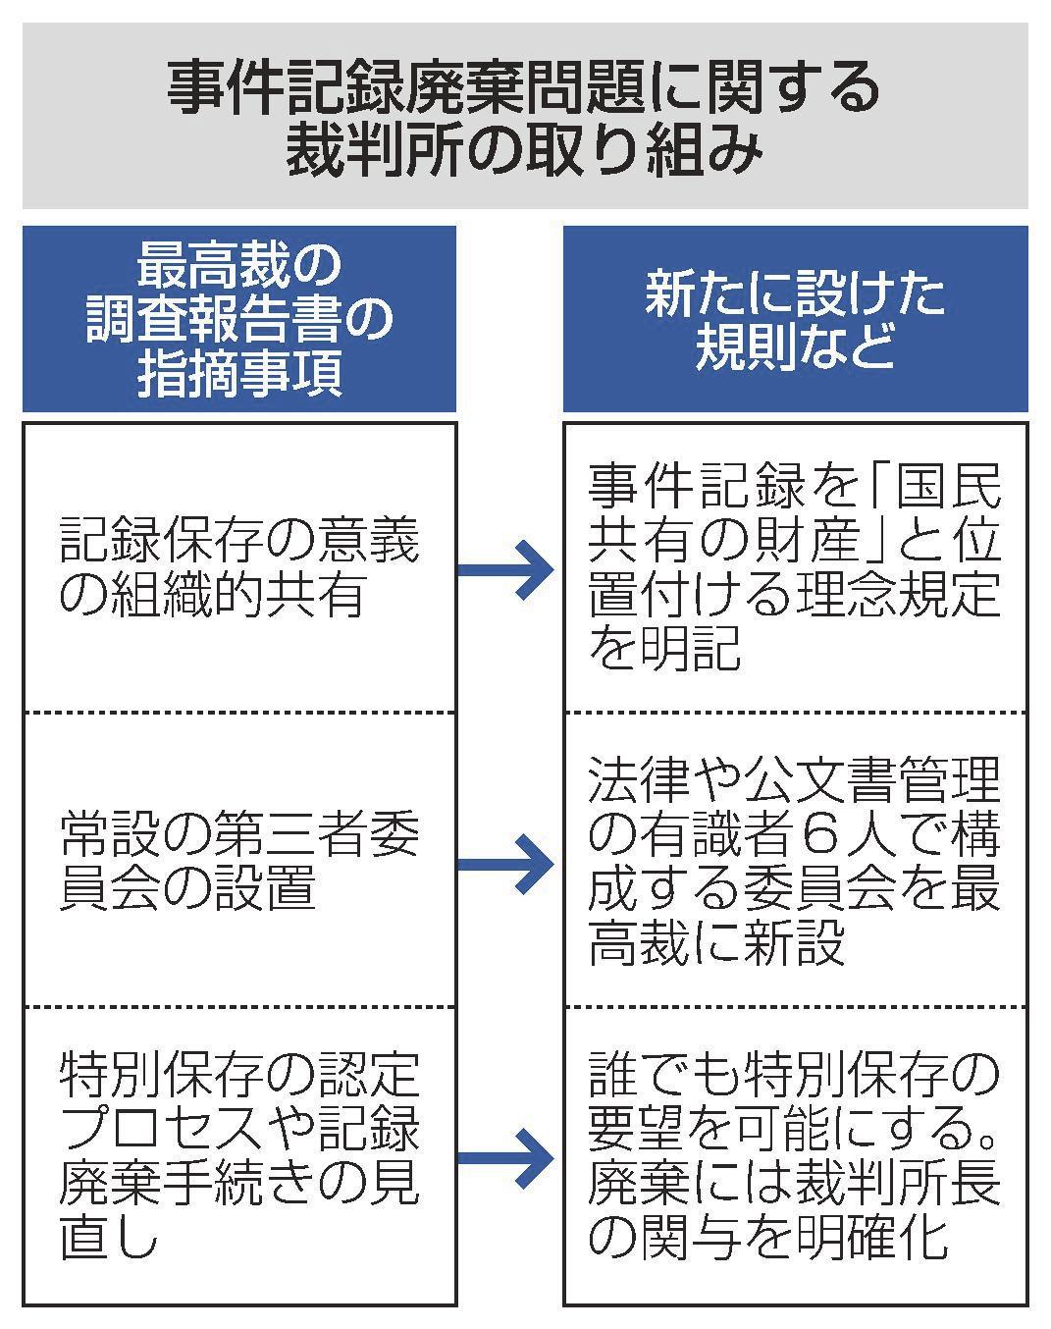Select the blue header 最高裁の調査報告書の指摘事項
[x=238, y=319]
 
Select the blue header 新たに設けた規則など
[x=795, y=319]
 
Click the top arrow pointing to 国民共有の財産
[x=508, y=569]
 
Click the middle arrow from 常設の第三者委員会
[x=508, y=864]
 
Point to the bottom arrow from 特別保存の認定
[x=508, y=1158]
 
